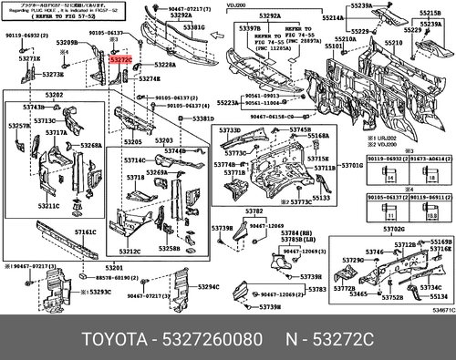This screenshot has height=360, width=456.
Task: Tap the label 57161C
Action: tap(85, 233)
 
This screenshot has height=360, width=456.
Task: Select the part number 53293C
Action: tap(98, 292)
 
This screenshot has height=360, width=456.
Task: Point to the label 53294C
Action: tap(209, 288)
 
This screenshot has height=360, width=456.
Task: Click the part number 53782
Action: tap(253, 211)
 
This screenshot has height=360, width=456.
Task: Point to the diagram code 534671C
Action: tap(441, 311)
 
